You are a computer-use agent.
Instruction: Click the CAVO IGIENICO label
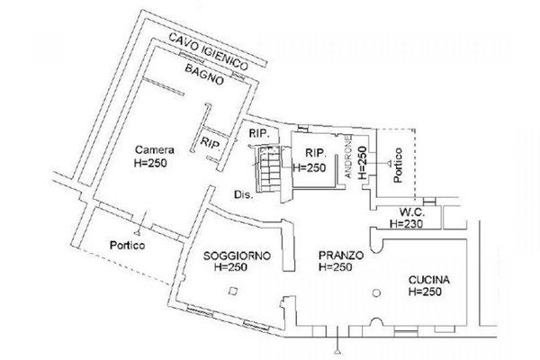point(209,51)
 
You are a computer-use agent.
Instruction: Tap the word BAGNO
point(204,74)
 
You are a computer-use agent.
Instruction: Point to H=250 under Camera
point(150,163)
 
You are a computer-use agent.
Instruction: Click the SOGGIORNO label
point(237,256)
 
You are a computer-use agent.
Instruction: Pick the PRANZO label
point(341,256)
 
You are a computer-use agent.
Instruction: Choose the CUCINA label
point(429,280)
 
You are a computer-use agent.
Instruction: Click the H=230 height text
point(407,224)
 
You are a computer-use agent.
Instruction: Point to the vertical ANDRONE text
point(348,156)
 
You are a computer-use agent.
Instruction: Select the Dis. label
point(244,194)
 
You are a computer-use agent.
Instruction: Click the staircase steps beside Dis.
point(270,169)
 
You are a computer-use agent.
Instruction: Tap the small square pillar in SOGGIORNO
point(233,291)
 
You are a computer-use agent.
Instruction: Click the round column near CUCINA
point(376,293)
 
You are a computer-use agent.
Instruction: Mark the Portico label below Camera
point(128,246)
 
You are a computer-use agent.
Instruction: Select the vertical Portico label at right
point(398,165)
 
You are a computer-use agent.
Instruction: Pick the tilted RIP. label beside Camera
point(211,142)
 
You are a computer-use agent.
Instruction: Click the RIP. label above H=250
point(316,153)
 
